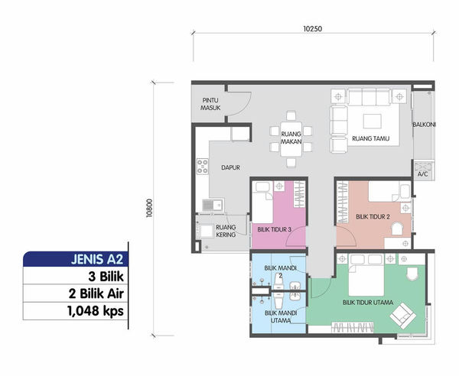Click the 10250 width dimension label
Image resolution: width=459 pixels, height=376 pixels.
pos(313,28)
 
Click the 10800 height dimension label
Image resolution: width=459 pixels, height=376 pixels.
pos(149,208)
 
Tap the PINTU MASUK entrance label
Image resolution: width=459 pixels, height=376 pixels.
pos(210,104)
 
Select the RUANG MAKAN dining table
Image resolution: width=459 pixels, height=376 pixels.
pos(291,138)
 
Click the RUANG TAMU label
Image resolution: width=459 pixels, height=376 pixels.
pos(370,138)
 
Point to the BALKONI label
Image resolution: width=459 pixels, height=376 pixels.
pos(424,125)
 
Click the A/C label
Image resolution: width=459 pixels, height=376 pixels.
pos(422,174)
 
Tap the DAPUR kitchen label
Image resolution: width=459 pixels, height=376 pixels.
pos(231,167)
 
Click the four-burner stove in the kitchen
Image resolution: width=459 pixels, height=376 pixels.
pos(203,167)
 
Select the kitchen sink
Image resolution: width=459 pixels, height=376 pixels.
pos(213,205)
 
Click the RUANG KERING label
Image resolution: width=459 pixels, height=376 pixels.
pos(226,231)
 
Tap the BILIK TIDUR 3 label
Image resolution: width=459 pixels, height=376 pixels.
pos(275,229)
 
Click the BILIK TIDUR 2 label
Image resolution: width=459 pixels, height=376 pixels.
pos(373,216)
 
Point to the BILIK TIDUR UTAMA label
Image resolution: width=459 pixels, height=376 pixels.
pos(368,303)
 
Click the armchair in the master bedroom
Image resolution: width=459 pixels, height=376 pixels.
pos(403,316)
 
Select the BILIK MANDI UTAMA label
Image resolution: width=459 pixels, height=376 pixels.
pos(281,316)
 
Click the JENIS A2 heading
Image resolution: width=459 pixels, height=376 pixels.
pos(97,259)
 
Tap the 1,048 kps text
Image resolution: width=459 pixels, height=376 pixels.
pos(96,311)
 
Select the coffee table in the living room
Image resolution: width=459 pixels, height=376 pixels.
pos(372,122)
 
